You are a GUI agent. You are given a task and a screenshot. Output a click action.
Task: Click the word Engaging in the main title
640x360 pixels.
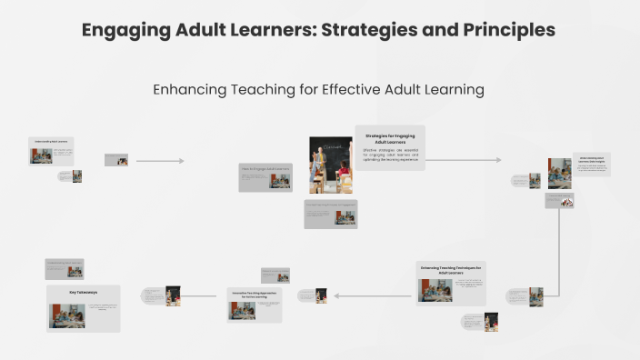119,30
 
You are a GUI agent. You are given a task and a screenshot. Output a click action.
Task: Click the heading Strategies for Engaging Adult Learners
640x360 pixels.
390,138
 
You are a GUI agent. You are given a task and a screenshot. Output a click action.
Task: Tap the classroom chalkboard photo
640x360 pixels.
330,165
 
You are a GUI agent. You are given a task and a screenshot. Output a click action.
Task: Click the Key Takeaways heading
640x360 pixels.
83,293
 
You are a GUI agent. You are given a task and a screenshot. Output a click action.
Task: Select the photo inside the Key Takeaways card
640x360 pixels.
67,315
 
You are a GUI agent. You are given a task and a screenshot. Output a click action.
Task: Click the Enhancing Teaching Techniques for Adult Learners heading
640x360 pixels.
452,270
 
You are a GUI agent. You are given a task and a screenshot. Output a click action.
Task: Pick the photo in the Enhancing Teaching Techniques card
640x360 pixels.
435,290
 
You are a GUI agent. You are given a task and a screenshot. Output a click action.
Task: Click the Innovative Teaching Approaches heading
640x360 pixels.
255,295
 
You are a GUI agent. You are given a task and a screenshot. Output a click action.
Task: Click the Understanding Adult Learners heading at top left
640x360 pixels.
51,142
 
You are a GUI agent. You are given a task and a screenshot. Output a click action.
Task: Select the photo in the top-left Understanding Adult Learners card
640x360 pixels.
41,155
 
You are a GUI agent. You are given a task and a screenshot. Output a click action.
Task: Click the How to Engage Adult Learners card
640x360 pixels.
265,177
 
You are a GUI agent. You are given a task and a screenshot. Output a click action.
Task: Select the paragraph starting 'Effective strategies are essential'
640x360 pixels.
390,155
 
